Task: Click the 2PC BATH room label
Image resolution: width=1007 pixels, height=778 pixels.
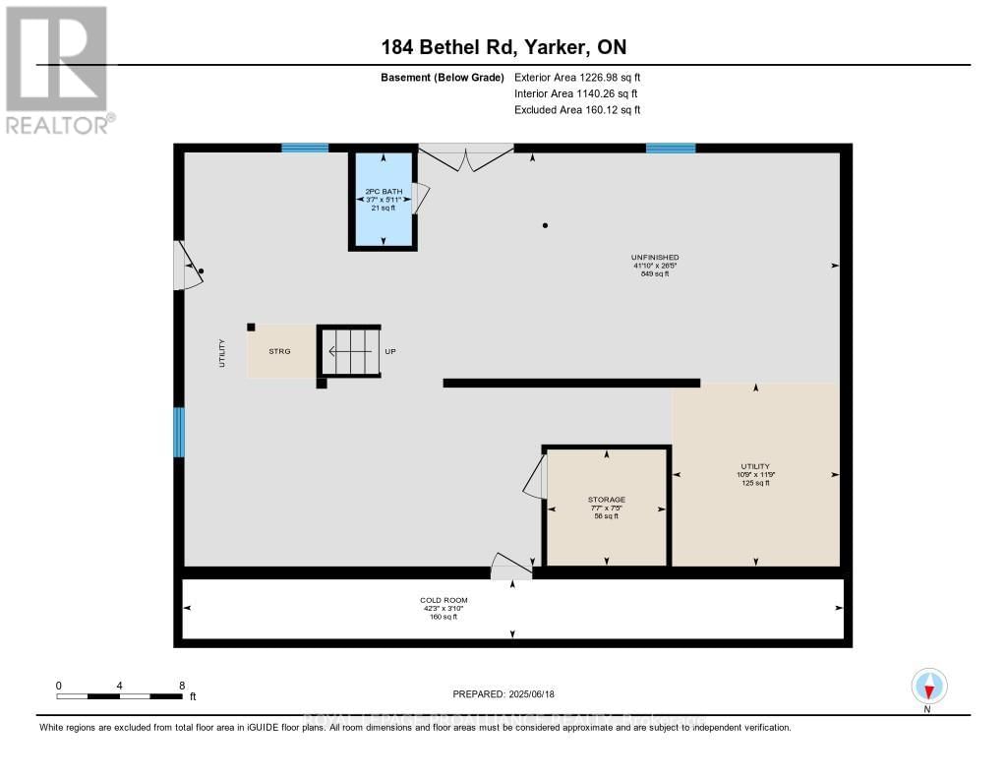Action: click(x=383, y=191)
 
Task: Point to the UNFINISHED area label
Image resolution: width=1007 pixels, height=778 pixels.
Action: click(x=655, y=258)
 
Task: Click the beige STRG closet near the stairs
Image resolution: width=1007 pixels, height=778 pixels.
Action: click(x=280, y=350)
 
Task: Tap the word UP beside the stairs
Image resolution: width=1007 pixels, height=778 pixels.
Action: click(x=390, y=351)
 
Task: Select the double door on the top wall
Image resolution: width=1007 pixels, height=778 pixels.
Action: click(x=466, y=157)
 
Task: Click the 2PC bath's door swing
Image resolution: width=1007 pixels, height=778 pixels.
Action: click(x=421, y=198)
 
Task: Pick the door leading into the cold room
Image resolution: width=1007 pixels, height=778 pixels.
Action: click(x=510, y=565)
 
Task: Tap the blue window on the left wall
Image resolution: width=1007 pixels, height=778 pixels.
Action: click(x=179, y=432)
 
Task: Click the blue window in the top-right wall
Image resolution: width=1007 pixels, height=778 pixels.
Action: click(x=671, y=149)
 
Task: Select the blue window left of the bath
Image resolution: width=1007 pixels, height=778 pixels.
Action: click(x=305, y=149)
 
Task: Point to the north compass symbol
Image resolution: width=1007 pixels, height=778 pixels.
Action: click(x=928, y=687)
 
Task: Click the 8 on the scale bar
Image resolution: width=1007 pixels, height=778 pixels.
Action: click(x=182, y=685)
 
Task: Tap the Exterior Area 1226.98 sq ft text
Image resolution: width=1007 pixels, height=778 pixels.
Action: click(x=577, y=77)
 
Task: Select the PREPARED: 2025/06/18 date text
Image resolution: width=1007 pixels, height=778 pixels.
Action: click(x=503, y=693)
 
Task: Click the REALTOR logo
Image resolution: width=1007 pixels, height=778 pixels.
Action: click(x=59, y=69)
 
